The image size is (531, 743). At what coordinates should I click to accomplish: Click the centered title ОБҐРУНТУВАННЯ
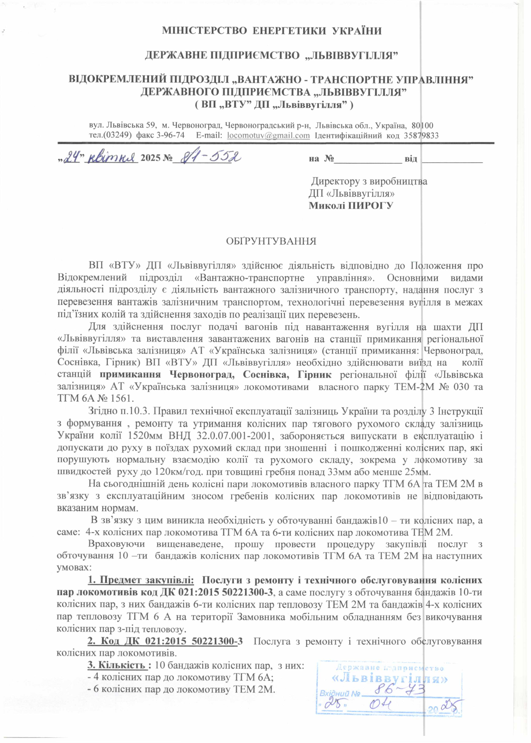click(272, 242)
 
